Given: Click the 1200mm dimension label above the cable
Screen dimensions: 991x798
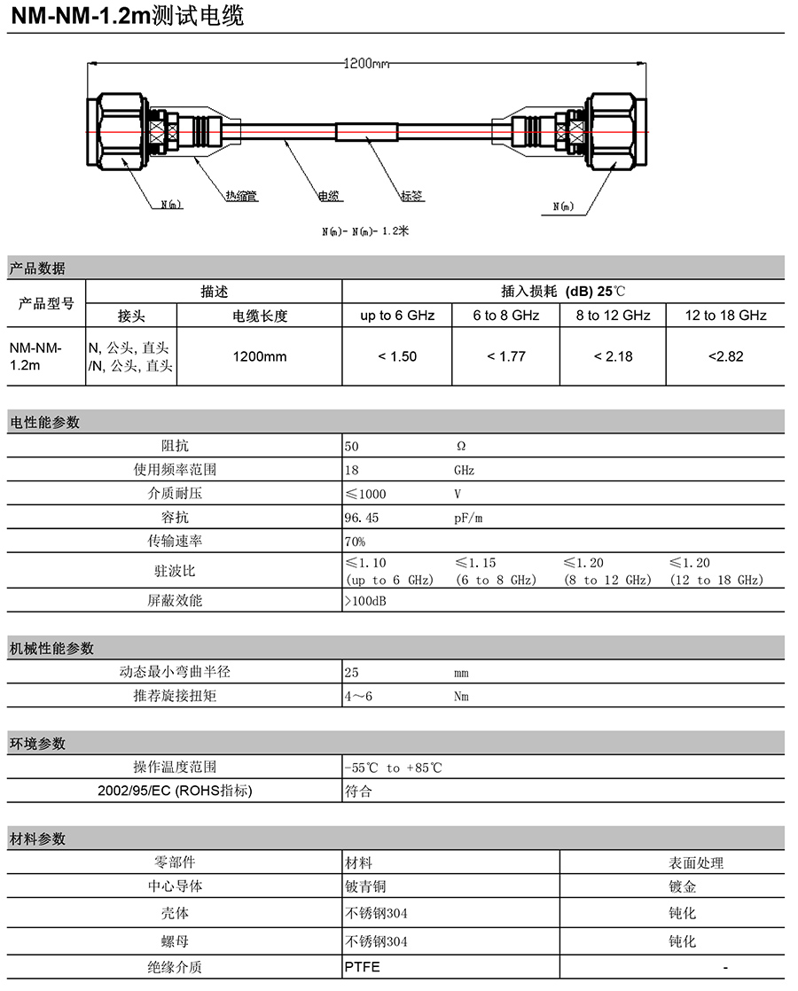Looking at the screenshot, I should (x=366, y=64).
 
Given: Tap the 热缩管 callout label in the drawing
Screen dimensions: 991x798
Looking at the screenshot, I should (x=240, y=196).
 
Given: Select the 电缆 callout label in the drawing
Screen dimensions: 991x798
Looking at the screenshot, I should (x=330, y=196).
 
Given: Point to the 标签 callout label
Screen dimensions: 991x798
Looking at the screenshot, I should (x=411, y=196).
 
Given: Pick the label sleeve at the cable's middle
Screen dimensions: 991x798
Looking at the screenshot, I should (x=366, y=131).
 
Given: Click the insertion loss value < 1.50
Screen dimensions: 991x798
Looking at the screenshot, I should (x=396, y=356).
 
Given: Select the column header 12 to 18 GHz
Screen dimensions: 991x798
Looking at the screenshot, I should (x=725, y=316).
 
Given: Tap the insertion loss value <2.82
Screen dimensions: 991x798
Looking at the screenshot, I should (x=725, y=356).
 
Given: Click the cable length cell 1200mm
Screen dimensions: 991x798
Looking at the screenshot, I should (x=260, y=356).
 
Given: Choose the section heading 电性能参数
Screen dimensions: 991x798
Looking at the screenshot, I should (x=44, y=423).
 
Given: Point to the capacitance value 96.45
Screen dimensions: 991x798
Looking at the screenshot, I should (x=361, y=518).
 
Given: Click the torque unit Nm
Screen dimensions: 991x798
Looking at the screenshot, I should (x=461, y=697).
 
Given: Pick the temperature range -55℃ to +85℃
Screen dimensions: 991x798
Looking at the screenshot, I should (x=393, y=768).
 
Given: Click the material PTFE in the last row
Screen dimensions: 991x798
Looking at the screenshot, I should (x=362, y=967).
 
